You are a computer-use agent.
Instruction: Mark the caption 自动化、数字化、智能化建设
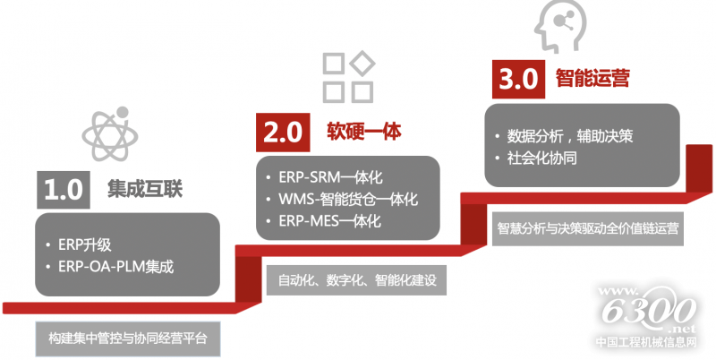[x=356, y=279]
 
